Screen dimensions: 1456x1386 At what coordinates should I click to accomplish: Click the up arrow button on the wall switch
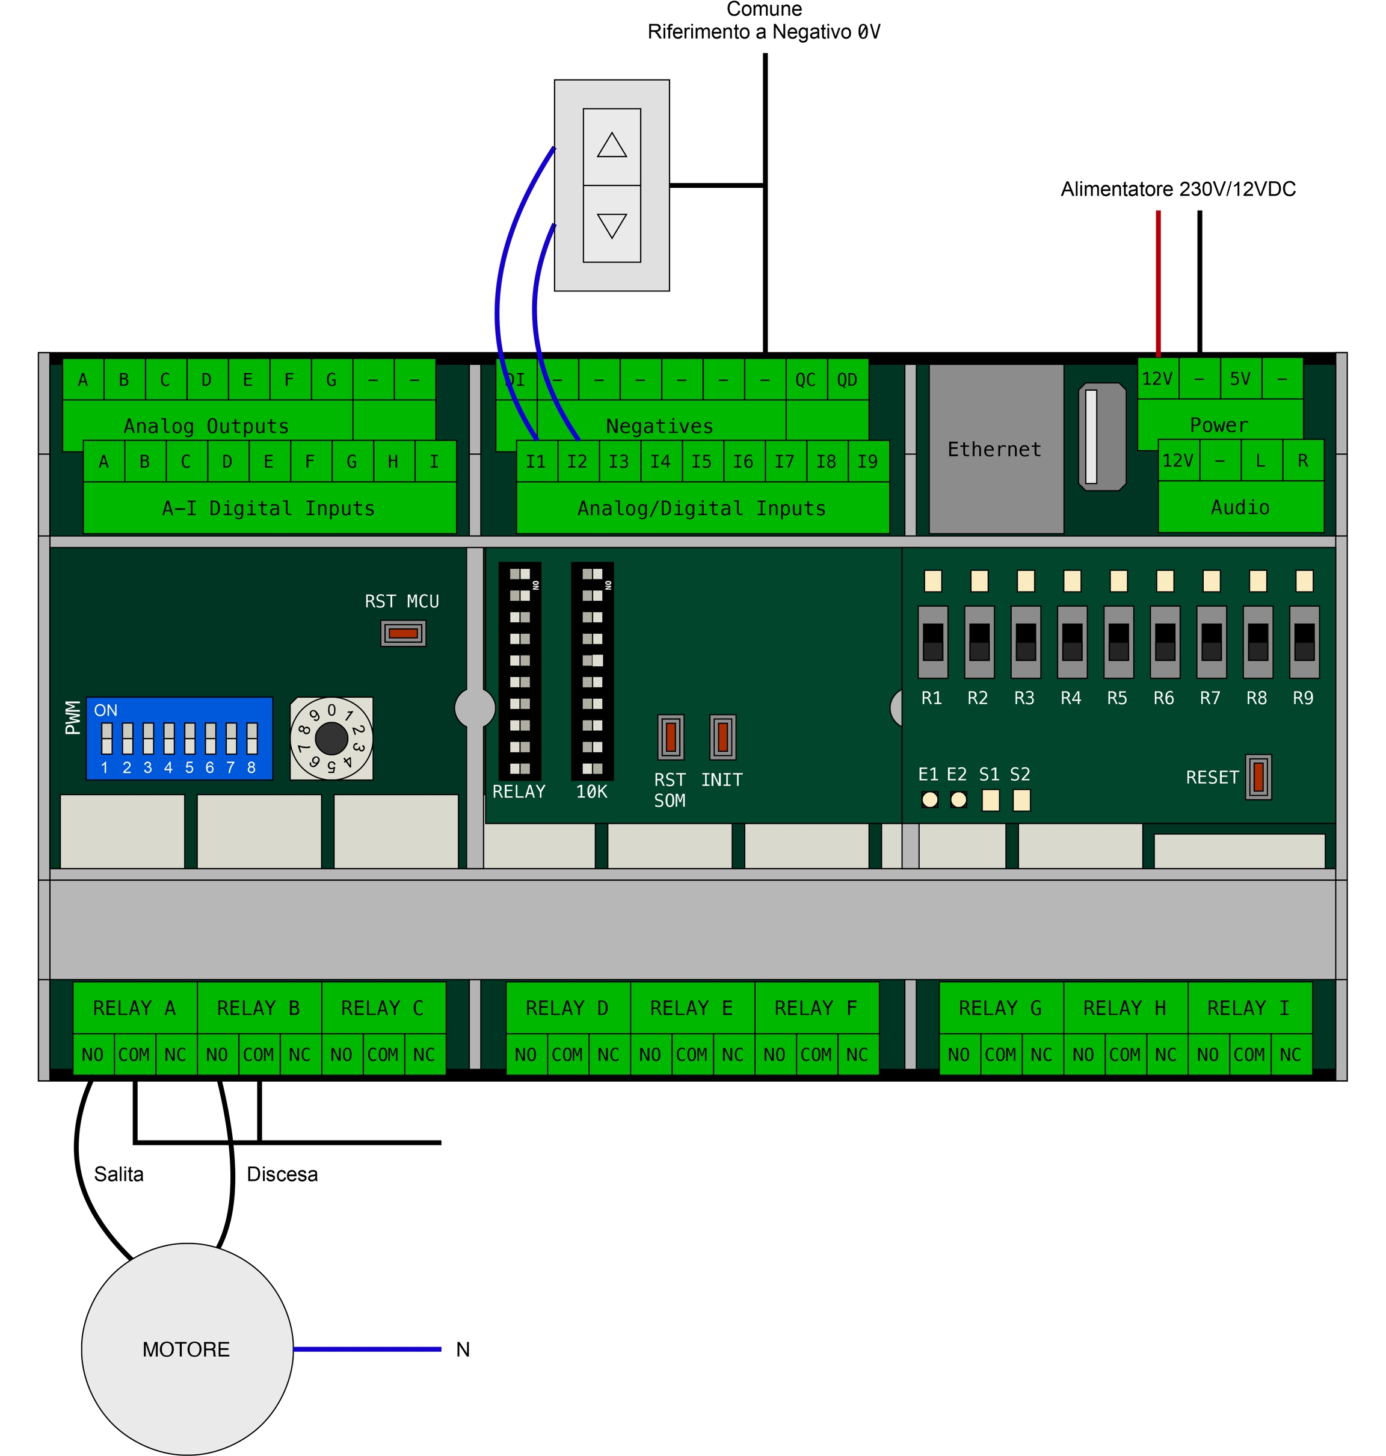612,146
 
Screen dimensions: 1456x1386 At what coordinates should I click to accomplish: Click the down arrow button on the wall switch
612,223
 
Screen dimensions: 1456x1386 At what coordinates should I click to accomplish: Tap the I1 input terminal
535,461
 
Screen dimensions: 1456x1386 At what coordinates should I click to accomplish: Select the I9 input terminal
867,461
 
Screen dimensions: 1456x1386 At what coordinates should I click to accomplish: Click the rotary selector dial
331,737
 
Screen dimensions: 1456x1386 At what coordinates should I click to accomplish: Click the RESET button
1258,777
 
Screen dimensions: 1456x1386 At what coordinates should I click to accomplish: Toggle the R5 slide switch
1118,642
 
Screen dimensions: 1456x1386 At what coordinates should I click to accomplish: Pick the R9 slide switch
1304,642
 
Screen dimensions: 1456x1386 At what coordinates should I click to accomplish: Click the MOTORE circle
187,1349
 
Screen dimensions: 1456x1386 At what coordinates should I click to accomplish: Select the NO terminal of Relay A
93,1055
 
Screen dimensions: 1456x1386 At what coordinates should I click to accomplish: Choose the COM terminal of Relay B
259,1055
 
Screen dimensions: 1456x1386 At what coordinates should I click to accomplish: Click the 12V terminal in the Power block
1157,379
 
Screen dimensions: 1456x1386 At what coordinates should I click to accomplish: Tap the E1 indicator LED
929,800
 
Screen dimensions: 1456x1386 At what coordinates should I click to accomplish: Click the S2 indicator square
1021,800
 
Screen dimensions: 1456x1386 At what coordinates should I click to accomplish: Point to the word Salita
119,1174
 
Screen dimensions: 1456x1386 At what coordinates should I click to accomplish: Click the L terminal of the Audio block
1260,460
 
